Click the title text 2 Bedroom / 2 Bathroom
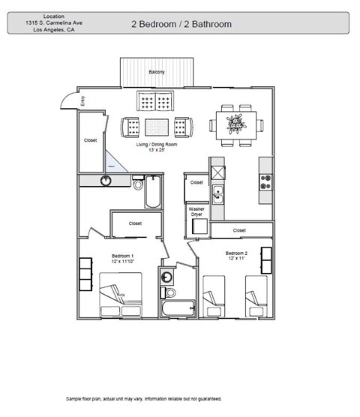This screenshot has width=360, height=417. [x=181, y=24]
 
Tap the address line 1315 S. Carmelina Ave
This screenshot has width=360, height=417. [x=53, y=22]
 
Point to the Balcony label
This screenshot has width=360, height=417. [x=156, y=72]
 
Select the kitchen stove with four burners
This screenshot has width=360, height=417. [x=265, y=180]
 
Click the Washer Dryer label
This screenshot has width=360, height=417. [x=196, y=212]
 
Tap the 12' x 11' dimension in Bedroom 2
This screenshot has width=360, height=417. [x=236, y=259]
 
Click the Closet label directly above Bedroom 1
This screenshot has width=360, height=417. [x=135, y=223]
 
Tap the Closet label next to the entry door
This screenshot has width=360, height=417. [x=90, y=139]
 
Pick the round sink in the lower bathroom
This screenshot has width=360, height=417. [x=166, y=277]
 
